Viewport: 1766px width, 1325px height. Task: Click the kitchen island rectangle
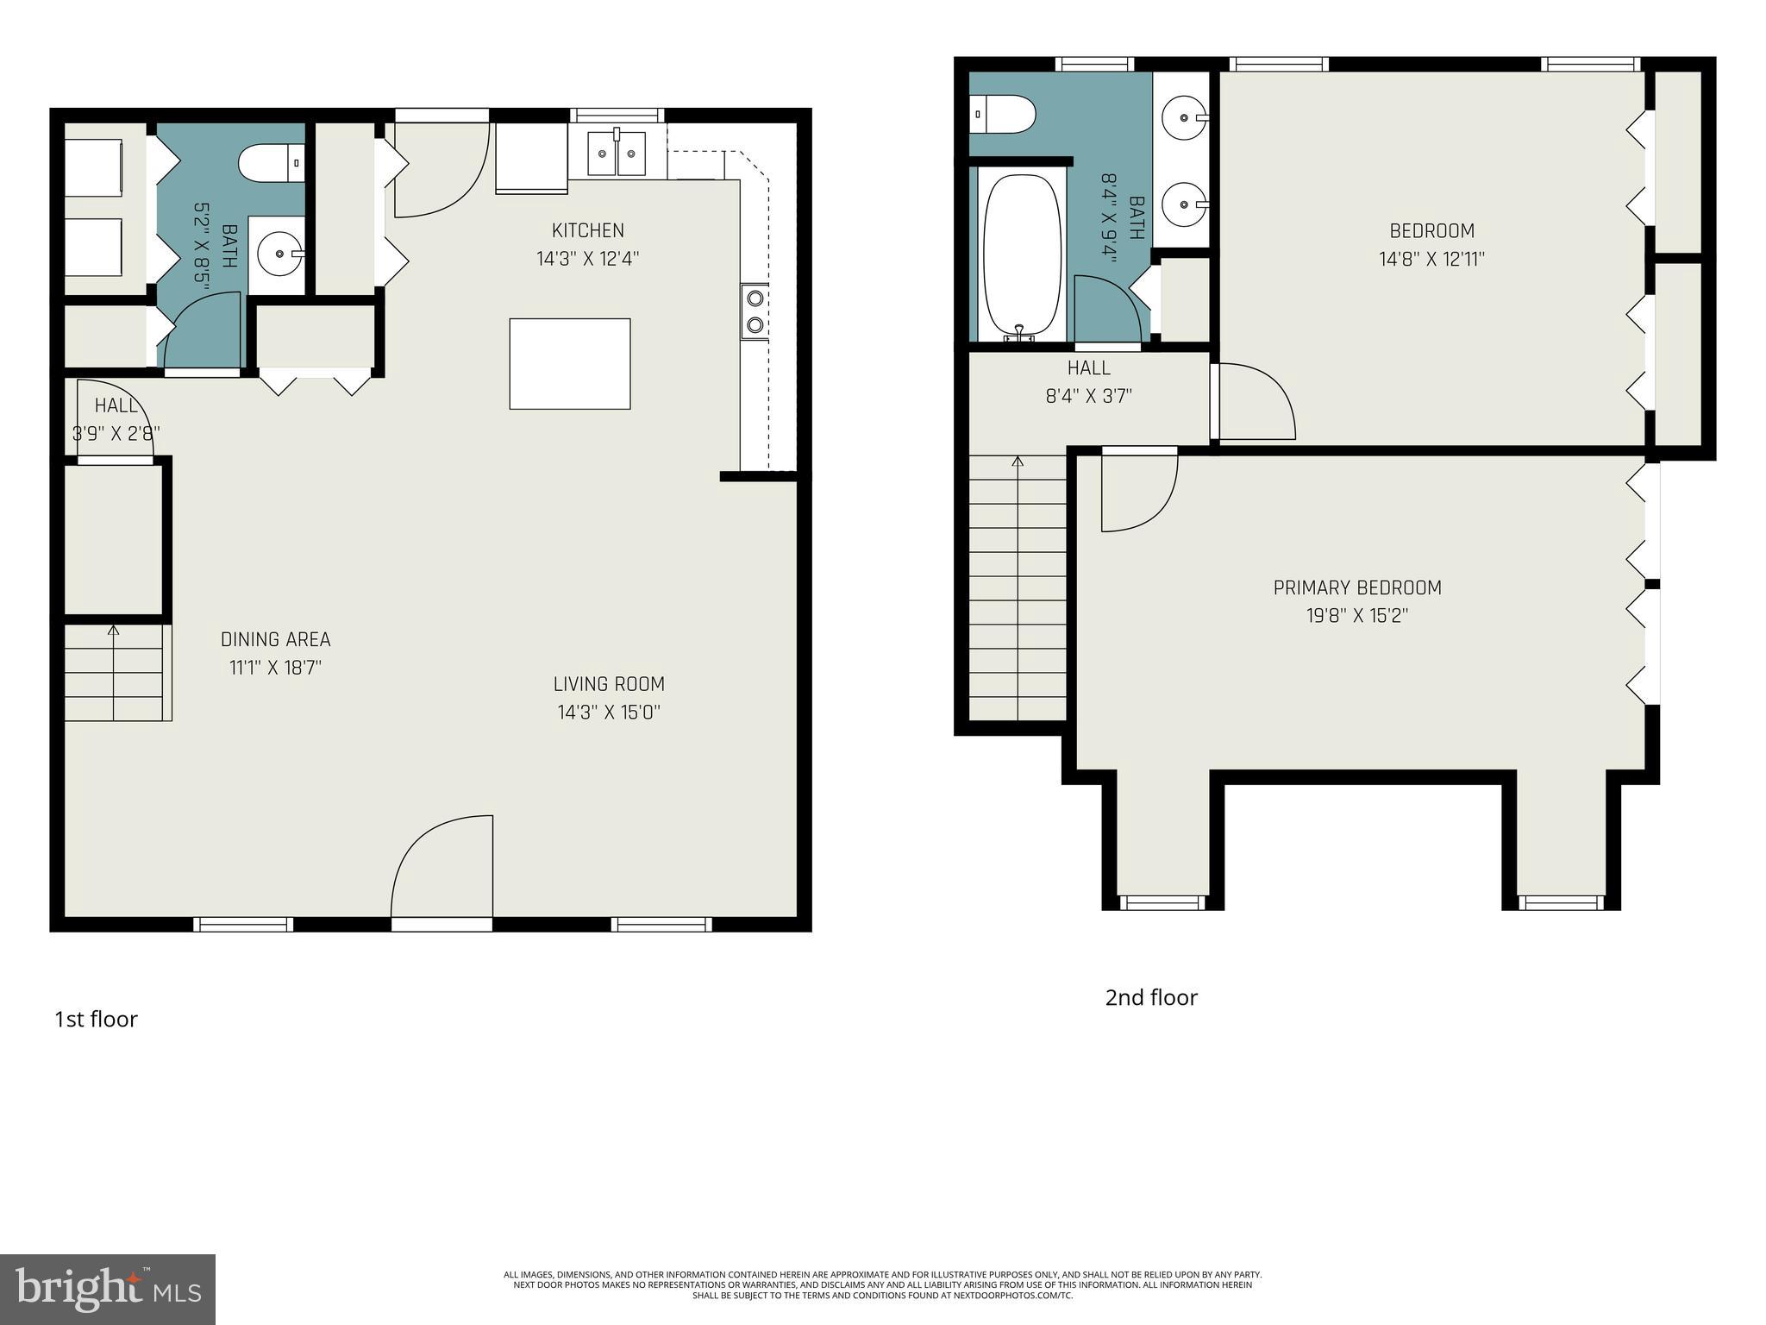(569, 363)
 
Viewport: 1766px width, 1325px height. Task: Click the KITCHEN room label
(588, 230)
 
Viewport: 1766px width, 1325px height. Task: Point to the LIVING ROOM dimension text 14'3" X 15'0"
(609, 712)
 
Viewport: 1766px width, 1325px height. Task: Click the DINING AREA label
(275, 639)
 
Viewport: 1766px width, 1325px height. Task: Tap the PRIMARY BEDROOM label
(1357, 587)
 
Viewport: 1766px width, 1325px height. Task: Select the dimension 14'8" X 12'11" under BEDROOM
(1431, 259)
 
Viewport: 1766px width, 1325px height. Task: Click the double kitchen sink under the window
(617, 154)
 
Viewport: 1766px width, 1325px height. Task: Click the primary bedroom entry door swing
(1138, 493)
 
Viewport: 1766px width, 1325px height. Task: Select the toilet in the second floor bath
(1003, 114)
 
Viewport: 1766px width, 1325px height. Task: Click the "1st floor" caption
(96, 1019)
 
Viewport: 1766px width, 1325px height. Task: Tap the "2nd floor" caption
(1151, 997)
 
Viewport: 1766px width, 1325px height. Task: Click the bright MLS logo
(107, 1289)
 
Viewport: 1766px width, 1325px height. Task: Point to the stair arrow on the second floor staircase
(1018, 463)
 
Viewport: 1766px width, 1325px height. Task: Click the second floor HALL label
(1088, 367)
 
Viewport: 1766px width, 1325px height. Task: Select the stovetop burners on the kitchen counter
(755, 311)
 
